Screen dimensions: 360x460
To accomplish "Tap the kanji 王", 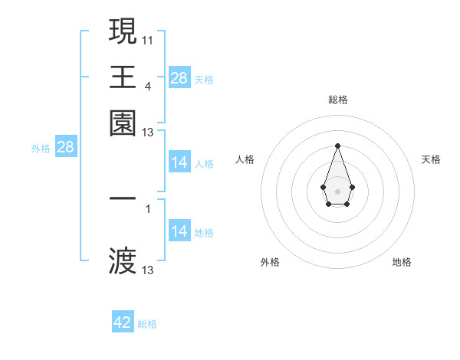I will pyautogui.click(x=123, y=77).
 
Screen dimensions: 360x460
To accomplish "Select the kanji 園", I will pyautogui.click(x=123, y=123).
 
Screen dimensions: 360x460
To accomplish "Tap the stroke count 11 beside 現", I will pyautogui.click(x=148, y=38).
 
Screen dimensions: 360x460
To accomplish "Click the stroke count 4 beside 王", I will pyautogui.click(x=148, y=85).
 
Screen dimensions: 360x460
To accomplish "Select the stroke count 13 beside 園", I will pyautogui.click(x=148, y=133).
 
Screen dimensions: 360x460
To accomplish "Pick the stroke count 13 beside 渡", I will pyautogui.click(x=148, y=270).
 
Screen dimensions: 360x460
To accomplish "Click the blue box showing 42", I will pyautogui.click(x=123, y=322).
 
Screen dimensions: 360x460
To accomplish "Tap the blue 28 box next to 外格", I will pyautogui.click(x=65, y=148).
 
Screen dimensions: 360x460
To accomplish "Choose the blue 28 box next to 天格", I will pyautogui.click(x=179, y=78).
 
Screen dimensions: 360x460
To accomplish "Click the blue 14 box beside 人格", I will pyautogui.click(x=179, y=162).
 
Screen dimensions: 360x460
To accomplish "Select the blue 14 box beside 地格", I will pyautogui.click(x=179, y=231).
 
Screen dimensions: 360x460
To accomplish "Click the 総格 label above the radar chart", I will pyautogui.click(x=337, y=100).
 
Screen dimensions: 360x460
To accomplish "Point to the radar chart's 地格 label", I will pyautogui.click(x=402, y=263).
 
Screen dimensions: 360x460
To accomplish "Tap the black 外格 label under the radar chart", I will pyautogui.click(x=270, y=263).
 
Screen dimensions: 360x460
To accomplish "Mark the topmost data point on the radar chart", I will pyautogui.click(x=337, y=146).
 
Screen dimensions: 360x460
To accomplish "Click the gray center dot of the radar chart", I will pyautogui.click(x=337, y=190).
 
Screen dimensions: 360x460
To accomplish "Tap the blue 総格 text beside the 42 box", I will pyautogui.click(x=147, y=324).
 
